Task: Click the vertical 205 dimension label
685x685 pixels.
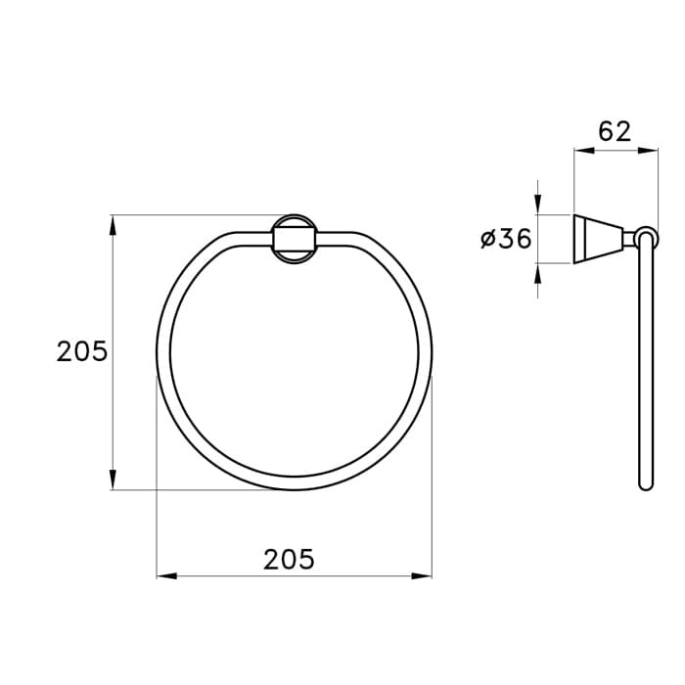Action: point(81,350)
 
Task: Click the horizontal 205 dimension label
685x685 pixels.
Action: point(289,559)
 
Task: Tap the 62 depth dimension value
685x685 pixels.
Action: point(615,131)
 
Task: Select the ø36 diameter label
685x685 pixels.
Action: point(506,239)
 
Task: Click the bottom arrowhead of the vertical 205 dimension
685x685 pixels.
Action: point(113,479)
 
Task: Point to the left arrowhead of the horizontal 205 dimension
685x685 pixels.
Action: point(167,576)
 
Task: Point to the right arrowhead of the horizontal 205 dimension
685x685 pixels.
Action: point(422,576)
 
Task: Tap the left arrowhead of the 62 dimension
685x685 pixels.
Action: point(584,151)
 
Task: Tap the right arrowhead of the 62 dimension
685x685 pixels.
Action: point(648,151)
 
